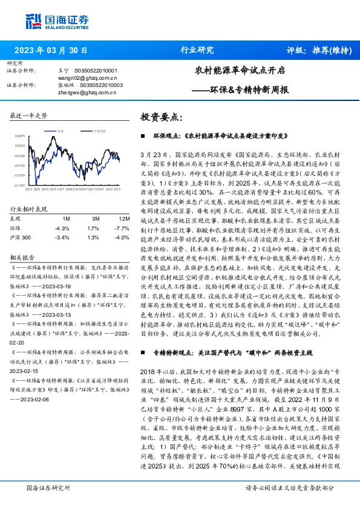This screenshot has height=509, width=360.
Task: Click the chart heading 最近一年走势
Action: click(x=29, y=115)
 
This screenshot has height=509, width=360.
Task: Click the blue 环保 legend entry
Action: click(x=59, y=131)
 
